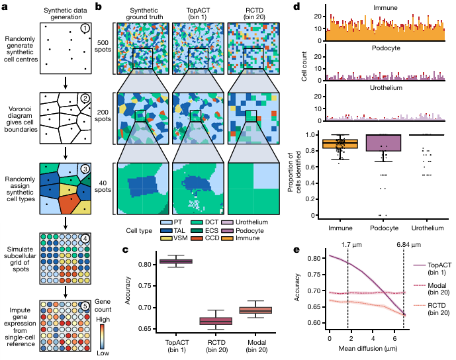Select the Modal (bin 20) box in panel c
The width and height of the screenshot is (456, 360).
click(255, 310)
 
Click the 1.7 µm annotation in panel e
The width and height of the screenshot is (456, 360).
click(351, 245)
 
